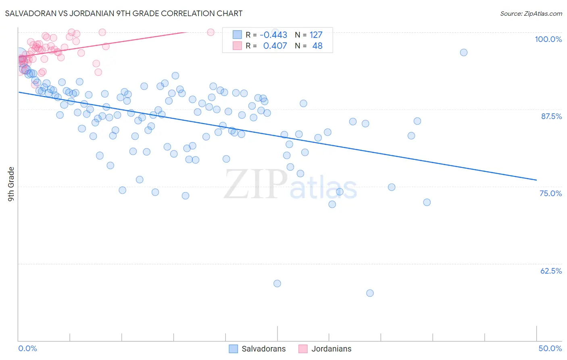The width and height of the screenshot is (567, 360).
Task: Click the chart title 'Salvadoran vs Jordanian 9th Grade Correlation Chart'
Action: (124, 13)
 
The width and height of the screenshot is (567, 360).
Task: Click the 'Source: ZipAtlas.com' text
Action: (531, 14)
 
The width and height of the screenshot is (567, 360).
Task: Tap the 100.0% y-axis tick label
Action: (548, 39)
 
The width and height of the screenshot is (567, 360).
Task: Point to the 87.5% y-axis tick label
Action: (551, 116)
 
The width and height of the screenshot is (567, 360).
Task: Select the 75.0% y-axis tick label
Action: (550, 193)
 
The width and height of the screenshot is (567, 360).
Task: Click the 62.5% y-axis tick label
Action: (551, 271)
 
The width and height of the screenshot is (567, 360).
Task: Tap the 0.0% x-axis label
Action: (27, 348)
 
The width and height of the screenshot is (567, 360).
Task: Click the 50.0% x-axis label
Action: (550, 348)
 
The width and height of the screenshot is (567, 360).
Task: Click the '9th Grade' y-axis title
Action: (11, 184)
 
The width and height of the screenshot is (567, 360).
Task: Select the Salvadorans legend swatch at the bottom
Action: (233, 349)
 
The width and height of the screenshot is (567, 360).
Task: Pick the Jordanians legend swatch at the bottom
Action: (303, 349)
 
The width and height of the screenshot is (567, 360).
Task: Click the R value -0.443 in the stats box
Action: (273, 35)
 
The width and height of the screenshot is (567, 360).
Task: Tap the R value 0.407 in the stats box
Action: (275, 46)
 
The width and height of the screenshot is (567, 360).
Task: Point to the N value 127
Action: (316, 35)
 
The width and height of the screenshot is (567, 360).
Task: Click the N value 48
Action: (317, 46)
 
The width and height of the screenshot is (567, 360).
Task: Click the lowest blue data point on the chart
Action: (370, 293)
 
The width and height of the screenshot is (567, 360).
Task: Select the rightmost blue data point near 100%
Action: (464, 52)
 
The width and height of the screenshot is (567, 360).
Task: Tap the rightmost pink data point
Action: (211, 32)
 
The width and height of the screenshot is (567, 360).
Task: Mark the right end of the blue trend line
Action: (536, 180)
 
